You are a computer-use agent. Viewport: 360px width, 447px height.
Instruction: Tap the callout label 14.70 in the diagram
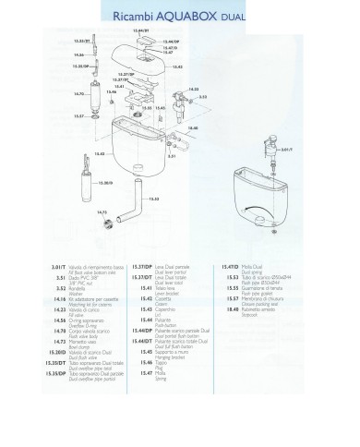[78, 94]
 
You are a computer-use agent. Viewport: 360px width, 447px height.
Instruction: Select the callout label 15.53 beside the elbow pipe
[154, 198]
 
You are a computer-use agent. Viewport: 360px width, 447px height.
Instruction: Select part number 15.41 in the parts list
[144, 286]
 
